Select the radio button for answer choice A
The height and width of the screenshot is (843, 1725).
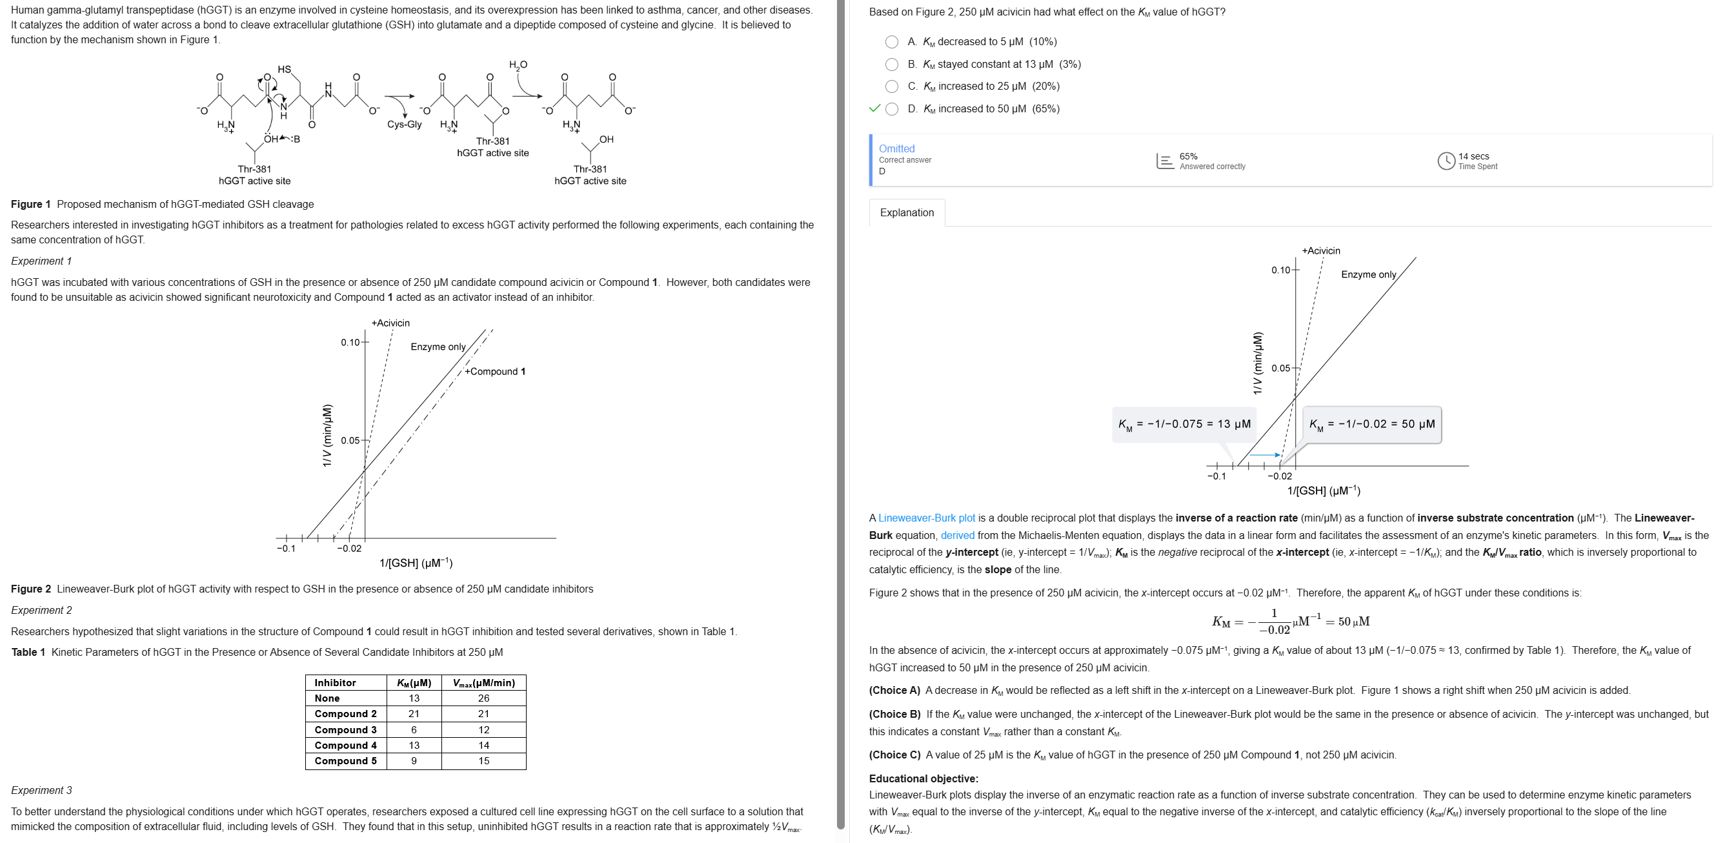point(891,42)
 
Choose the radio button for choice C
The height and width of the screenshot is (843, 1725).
point(891,86)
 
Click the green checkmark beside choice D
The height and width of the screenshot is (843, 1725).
point(874,108)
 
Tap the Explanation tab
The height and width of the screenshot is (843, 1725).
point(907,213)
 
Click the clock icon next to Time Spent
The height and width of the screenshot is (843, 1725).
point(1446,161)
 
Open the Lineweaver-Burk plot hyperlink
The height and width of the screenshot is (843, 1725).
point(926,518)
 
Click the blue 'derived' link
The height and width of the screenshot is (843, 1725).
point(957,536)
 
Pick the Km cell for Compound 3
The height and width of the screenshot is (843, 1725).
point(414,730)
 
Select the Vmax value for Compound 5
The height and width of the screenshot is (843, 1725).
point(483,761)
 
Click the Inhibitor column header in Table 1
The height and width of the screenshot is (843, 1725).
point(336,683)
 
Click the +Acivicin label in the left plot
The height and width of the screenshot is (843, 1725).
point(390,323)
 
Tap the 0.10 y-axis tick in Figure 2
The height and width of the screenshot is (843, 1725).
point(351,343)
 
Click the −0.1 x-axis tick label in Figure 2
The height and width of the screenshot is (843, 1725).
point(286,549)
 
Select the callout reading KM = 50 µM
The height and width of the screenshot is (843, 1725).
point(1372,425)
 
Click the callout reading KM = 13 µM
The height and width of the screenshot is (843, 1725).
point(1184,425)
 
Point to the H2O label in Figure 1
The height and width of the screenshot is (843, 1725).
point(518,65)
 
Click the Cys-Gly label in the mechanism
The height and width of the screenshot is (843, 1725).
point(405,125)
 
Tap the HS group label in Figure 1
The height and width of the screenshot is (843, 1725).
point(285,70)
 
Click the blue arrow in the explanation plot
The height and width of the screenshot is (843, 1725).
point(1265,455)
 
